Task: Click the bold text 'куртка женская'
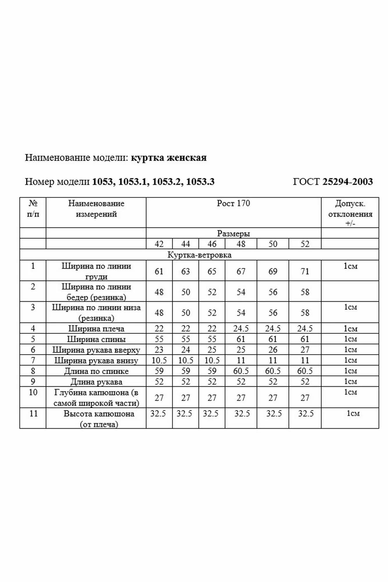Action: coord(169,158)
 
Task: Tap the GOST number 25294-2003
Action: coord(347,182)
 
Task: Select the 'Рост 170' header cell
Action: coord(233,203)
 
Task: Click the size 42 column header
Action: coord(159,244)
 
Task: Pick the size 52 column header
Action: coord(305,244)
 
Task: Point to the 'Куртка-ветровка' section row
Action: coord(199,255)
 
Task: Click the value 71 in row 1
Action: coord(305,271)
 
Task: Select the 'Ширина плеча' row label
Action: coord(96,329)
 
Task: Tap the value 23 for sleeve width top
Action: coord(159,350)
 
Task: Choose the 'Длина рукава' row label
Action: coord(96,382)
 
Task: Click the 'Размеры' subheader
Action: coord(233,233)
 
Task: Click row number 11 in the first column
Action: coord(33,414)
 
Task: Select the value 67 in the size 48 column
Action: coord(241,271)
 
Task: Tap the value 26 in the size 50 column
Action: coord(273,350)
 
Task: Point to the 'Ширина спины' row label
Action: coord(96,339)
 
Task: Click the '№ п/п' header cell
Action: coord(33,209)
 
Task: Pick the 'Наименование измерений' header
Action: coord(96,209)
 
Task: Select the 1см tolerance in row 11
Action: coord(353,414)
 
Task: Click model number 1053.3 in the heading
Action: coord(200,182)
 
